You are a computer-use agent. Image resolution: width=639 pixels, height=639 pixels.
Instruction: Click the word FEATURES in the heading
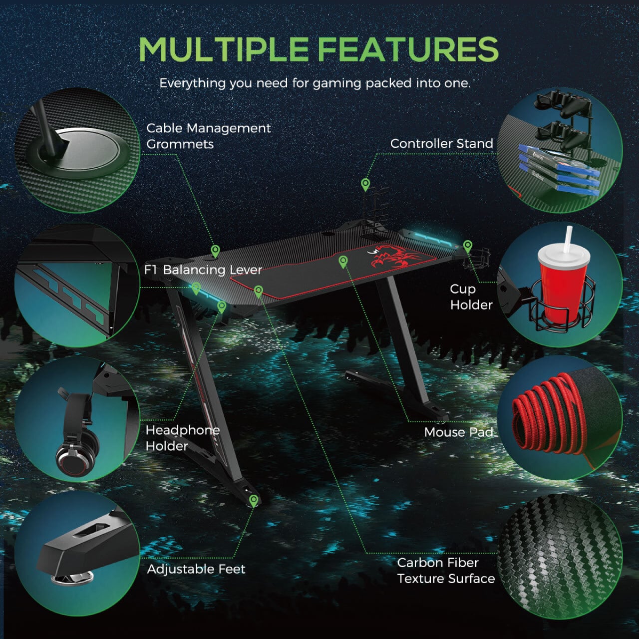[408, 49]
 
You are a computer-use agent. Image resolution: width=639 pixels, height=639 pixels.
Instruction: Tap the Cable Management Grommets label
[208, 136]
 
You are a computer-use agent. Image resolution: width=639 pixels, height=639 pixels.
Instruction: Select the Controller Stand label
[441, 144]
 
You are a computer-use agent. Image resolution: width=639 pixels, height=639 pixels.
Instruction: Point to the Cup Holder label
[471, 297]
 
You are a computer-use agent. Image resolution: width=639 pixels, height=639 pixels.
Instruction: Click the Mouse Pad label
[458, 432]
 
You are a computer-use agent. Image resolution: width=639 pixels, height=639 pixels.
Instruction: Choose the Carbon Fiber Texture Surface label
[446, 571]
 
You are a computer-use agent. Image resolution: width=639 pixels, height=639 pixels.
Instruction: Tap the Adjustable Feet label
[196, 569]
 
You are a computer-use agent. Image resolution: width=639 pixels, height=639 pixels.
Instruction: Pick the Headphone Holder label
[182, 438]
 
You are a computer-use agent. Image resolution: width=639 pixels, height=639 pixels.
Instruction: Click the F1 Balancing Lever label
[203, 270]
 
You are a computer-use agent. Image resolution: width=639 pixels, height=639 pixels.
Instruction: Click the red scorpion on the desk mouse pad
[393, 256]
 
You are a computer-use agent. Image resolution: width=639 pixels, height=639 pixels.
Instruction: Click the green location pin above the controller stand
[365, 184]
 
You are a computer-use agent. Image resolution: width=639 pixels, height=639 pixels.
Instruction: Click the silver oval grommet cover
[86, 146]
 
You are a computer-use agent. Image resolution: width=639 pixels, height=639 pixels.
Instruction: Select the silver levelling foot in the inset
[72, 577]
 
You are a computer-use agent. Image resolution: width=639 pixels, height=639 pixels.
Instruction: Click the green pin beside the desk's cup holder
[468, 247]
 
